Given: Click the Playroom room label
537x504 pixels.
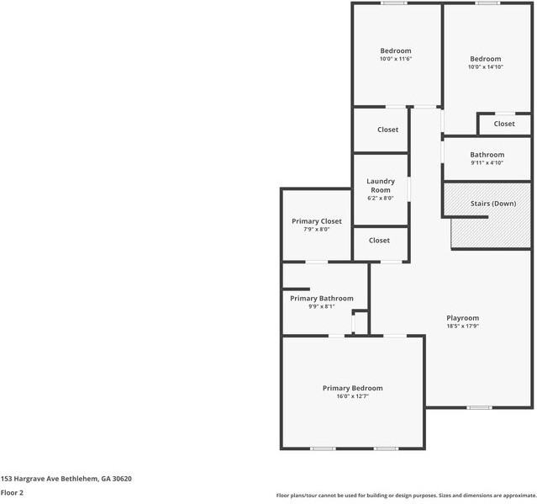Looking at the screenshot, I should [462, 318].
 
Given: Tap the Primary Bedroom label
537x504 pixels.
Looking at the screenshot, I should [352, 388].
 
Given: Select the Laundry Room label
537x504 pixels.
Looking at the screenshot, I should [381, 186].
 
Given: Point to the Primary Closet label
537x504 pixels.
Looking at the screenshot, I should [317, 221].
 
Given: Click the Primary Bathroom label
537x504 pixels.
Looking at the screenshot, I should [322, 299].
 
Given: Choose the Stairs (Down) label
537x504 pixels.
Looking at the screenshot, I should [492, 204].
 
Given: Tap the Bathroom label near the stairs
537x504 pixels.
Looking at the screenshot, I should [487, 155].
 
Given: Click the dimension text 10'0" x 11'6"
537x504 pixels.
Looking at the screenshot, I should [395, 60].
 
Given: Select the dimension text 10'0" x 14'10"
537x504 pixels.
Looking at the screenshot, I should [486, 67].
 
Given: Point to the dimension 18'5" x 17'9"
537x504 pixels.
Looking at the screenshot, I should [462, 326].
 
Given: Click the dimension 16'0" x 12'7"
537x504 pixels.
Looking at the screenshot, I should [352, 396].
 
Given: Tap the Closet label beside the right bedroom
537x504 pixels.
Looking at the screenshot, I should [504, 124].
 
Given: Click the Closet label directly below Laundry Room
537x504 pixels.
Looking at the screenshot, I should [379, 241].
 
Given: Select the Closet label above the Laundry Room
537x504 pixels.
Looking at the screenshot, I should [387, 130].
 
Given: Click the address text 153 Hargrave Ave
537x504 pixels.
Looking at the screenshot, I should [66, 479].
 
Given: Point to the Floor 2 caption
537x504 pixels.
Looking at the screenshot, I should [12, 493].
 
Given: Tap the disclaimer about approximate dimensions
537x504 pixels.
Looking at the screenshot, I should [405, 496].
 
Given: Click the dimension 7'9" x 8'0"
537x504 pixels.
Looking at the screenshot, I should [317, 230].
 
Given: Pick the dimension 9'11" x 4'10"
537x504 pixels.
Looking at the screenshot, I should [487, 163].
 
